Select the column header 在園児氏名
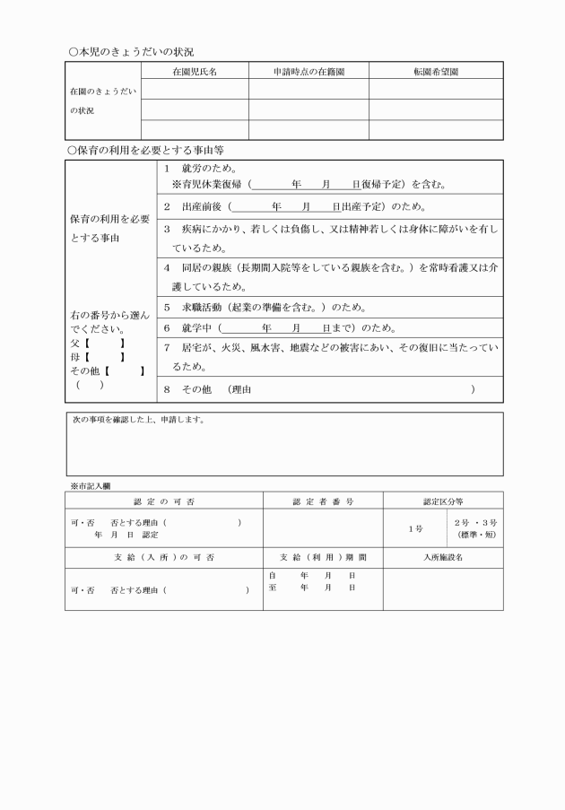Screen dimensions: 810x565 [194, 70]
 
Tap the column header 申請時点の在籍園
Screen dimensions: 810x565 [309, 70]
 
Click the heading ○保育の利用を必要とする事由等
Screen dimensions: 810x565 [146, 150]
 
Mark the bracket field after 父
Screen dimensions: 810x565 [105, 344]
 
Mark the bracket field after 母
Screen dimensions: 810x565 [105, 358]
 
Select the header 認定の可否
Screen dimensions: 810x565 [164, 501]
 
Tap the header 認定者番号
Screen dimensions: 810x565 [323, 501]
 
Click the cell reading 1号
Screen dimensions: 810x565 [414, 529]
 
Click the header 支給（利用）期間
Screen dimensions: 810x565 [323, 557]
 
